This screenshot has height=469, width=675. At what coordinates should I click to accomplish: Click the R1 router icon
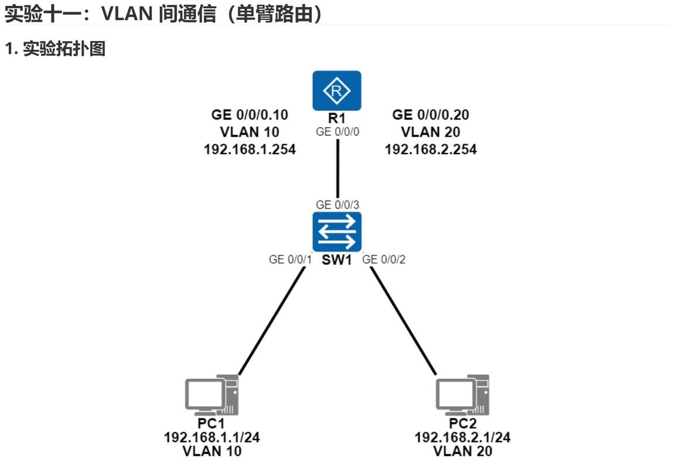(x=337, y=91)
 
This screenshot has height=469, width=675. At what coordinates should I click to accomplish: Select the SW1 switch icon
(x=337, y=232)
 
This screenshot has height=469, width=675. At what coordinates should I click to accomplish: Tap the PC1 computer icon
(x=212, y=395)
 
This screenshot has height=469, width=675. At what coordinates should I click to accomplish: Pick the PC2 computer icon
(x=463, y=395)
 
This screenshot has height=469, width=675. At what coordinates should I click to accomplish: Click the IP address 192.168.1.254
(x=250, y=149)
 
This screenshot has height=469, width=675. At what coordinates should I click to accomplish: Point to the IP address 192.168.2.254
(x=431, y=149)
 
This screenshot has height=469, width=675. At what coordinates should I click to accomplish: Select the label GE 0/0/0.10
(x=250, y=115)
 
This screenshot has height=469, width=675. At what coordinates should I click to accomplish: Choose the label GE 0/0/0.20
(x=431, y=115)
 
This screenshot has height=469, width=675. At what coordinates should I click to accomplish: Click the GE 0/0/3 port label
(x=337, y=205)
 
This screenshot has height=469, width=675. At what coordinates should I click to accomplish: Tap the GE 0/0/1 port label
(x=289, y=259)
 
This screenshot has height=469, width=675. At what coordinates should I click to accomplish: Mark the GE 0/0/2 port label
(x=384, y=259)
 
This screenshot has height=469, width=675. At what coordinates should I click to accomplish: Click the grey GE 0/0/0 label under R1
(x=337, y=132)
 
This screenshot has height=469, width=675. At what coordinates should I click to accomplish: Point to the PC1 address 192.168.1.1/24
(x=212, y=437)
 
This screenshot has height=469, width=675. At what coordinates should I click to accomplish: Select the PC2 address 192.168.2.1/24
(x=463, y=437)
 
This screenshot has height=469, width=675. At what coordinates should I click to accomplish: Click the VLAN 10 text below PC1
(x=212, y=451)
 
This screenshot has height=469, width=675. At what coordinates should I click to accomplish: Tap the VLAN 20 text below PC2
(x=463, y=451)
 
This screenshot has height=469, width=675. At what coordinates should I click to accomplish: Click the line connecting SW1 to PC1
(x=272, y=320)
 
